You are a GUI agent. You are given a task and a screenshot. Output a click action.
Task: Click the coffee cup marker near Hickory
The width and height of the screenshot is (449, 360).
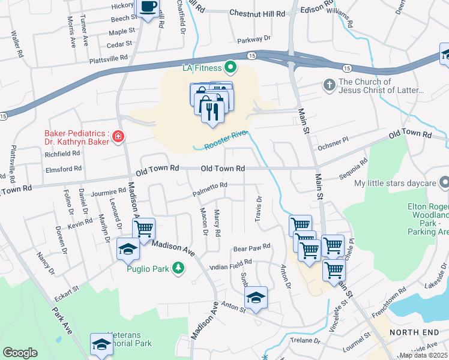point(148,8)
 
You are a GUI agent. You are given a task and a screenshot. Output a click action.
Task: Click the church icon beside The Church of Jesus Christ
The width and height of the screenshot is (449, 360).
point(329,86)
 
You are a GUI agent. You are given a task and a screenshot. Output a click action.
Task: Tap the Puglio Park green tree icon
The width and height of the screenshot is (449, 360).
point(178,268)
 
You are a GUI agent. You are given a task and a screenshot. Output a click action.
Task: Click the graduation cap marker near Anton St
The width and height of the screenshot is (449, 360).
point(256,298)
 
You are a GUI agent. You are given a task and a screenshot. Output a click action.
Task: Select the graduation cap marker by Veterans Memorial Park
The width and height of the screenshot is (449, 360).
point(101,344)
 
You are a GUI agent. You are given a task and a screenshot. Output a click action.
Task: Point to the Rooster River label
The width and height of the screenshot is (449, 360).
point(226,142)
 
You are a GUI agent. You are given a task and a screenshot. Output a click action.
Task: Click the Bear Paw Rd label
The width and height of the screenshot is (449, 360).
point(252,247)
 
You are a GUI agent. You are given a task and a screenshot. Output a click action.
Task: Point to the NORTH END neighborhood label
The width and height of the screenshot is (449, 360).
point(411,332)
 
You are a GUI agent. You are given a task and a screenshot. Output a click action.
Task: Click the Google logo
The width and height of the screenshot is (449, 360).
point(20,353)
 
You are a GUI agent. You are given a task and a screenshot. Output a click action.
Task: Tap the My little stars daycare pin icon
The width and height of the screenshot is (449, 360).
point(444,181)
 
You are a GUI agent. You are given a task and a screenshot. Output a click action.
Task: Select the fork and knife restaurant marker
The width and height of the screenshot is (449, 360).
point(212,112)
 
